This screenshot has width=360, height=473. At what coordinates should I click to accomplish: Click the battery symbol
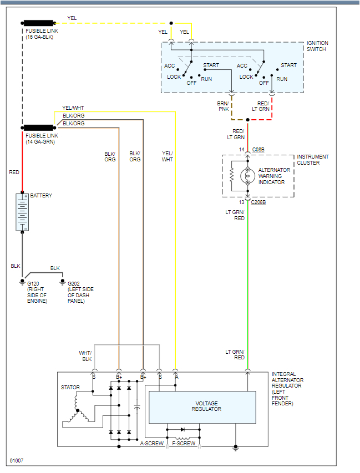[22, 212]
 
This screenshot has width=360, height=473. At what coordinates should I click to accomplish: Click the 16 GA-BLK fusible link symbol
[39, 23]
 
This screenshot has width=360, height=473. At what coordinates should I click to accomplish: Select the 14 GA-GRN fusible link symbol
[39, 127]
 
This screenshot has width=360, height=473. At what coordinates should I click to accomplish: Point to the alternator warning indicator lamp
[247, 176]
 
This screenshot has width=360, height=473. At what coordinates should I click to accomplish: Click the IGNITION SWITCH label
[317, 46]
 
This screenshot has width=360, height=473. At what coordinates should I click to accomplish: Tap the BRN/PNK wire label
[222, 106]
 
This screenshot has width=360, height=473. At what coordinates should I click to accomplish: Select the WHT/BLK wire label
[85, 356]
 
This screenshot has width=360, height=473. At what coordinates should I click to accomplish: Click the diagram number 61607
[17, 461]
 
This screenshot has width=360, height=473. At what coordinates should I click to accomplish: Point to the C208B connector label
[258, 202]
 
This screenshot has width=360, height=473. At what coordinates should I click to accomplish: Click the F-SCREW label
[184, 444]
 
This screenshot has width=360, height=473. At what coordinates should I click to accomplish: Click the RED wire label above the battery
[14, 172]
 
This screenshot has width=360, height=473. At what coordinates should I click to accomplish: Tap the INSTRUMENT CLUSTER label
[312, 160]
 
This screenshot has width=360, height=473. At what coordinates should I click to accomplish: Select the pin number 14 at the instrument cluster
[241, 150]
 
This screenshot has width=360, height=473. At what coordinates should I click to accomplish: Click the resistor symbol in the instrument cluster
[231, 176]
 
